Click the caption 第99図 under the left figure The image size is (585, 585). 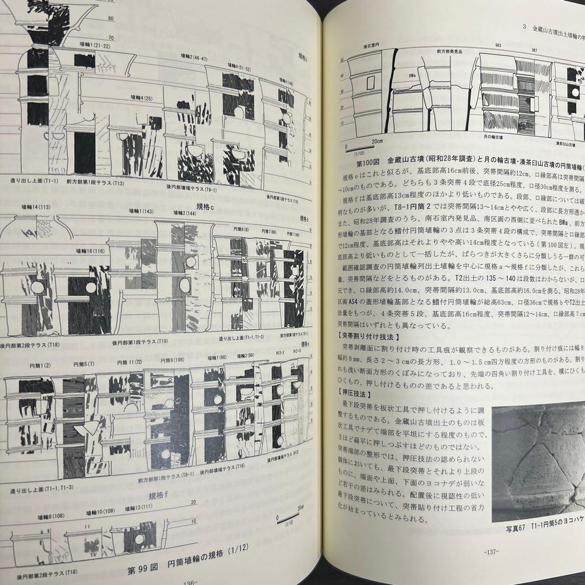142,570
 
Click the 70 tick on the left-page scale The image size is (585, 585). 111,37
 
